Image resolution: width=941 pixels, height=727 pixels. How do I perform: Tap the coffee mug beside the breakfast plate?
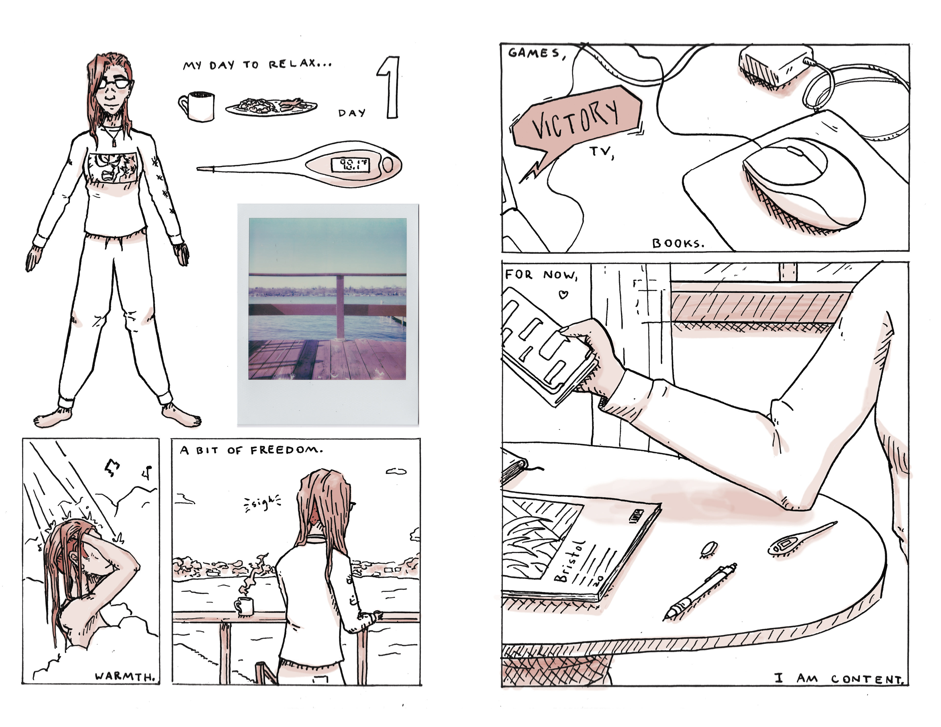(x=197, y=106)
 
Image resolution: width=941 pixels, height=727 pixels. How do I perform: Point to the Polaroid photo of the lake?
(x=328, y=315)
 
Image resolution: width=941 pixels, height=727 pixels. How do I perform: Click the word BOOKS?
(x=678, y=244)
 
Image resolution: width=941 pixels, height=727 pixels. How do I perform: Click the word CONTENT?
(x=867, y=680)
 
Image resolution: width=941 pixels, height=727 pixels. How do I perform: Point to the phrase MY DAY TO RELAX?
(x=257, y=65)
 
